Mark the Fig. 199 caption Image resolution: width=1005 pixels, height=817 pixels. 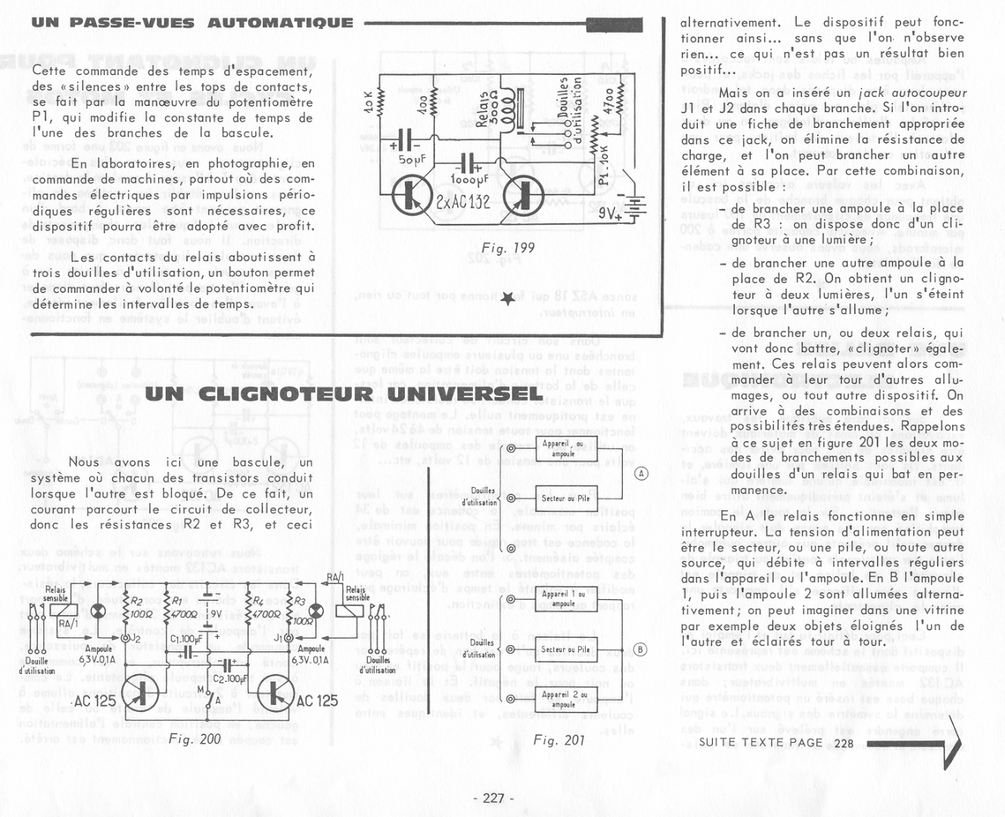(508, 248)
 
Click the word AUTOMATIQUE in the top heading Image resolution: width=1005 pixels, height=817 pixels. (280, 23)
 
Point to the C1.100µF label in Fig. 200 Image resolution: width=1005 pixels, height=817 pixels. (185, 639)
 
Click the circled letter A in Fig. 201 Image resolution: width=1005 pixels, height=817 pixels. (641, 474)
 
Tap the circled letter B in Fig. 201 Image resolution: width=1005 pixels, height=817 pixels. (641, 649)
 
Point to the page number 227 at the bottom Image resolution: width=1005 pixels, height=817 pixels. (493, 798)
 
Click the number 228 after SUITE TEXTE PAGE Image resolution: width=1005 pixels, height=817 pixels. (845, 743)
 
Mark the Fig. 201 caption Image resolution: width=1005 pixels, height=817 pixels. (559, 741)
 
